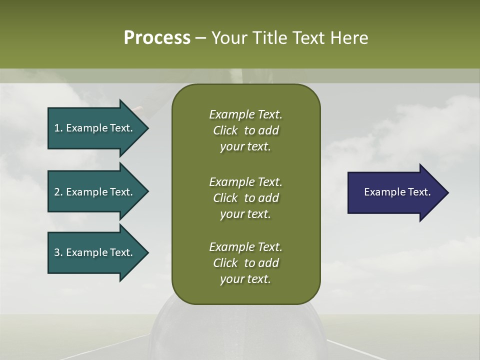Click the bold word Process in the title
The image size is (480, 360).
click(157, 38)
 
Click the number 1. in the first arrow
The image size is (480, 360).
click(58, 128)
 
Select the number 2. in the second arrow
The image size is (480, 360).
click(58, 192)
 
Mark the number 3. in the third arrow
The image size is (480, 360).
click(58, 252)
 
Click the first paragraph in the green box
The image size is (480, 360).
click(245, 130)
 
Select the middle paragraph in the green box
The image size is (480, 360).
click(245, 198)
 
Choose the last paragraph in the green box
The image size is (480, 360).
click(245, 263)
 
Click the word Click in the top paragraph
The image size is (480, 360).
click(225, 130)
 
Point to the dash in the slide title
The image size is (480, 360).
click(200, 38)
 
